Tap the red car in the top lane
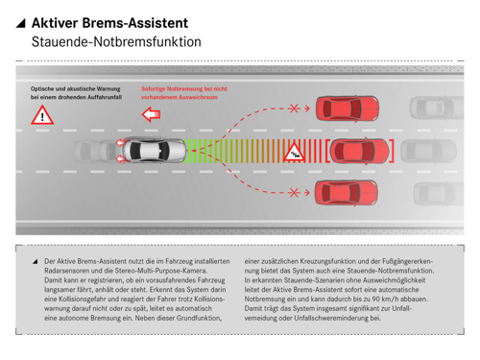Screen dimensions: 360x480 (x=348, y=108)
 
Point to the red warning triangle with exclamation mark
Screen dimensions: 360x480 (x=40, y=116)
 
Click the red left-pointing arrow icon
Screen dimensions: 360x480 (x=151, y=115)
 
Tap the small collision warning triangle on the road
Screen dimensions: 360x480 (x=298, y=151)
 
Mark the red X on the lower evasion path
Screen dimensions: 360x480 (x=295, y=193)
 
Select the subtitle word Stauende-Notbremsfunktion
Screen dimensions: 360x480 (x=115, y=42)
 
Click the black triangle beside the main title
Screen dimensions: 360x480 (x=21, y=23)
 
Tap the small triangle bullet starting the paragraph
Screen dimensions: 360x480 (x=35, y=260)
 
